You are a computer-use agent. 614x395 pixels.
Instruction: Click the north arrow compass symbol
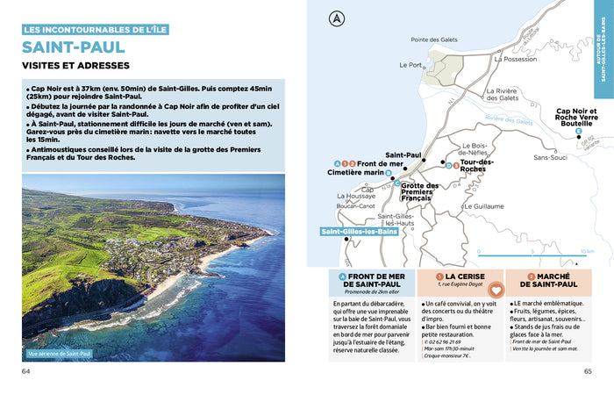click(x=335, y=18)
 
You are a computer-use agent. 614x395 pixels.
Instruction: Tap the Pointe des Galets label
click(x=436, y=39)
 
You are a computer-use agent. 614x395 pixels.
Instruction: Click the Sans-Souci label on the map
click(x=550, y=157)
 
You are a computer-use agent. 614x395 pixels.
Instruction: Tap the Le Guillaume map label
click(x=483, y=206)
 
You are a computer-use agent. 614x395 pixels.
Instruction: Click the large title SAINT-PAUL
click(x=74, y=47)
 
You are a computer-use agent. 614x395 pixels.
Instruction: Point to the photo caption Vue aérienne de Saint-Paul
click(x=60, y=354)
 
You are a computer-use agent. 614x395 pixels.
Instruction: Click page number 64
click(x=26, y=370)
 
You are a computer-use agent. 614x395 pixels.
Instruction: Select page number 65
click(x=588, y=370)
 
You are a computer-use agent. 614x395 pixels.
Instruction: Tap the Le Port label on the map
click(x=410, y=65)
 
